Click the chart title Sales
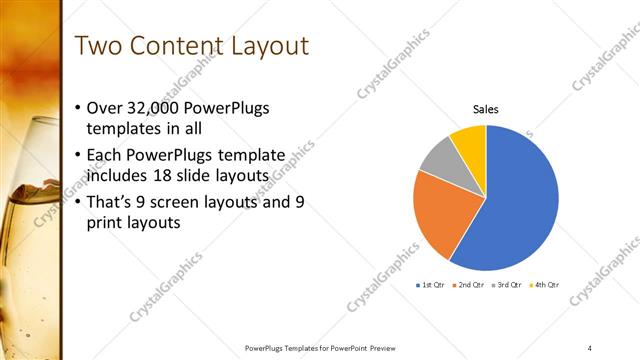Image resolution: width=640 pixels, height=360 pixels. coord(486,109)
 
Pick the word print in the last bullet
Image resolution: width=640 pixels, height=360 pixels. coord(105,224)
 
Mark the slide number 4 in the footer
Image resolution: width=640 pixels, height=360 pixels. coord(589,347)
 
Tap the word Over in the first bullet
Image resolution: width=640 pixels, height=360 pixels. coord(106,108)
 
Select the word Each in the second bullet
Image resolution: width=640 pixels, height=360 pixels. coord(107,154)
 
